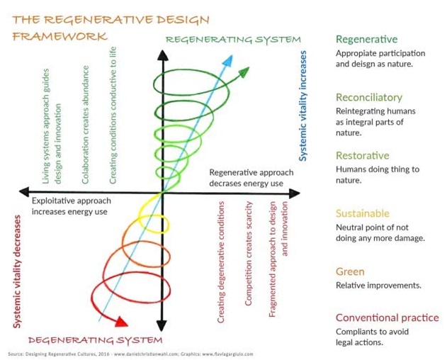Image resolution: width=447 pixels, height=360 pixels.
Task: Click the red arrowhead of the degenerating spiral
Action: point(121,322)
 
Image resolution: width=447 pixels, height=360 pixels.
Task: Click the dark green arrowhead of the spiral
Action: point(244,72)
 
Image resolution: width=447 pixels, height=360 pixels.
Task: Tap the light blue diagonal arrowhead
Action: point(228,61)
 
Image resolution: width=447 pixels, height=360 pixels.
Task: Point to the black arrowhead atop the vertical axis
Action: point(163,55)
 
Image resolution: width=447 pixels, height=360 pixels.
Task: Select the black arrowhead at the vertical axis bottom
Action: point(162,325)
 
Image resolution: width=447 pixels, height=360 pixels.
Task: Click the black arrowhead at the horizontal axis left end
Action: point(24,192)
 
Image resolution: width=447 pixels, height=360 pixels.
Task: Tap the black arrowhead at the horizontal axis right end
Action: point(294,193)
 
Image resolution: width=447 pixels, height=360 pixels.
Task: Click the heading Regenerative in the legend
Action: point(367,39)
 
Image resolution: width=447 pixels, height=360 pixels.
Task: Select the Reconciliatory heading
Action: point(369,97)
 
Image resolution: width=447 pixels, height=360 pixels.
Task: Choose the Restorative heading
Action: point(363,155)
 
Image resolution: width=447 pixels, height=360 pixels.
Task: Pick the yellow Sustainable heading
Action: point(363,213)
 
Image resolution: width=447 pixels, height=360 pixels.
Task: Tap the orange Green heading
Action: point(350,271)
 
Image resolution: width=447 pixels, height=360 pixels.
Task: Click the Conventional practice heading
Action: point(387,317)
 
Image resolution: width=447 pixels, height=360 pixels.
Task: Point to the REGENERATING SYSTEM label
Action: point(233,40)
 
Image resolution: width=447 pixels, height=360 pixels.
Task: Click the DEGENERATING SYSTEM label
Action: point(95,340)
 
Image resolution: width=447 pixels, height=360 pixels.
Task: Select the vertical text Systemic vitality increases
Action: point(302,106)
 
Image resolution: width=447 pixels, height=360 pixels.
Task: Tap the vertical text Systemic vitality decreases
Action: point(17,271)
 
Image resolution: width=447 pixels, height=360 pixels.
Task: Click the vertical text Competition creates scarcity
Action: point(249,253)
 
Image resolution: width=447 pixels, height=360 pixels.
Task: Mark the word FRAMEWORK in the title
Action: point(60,37)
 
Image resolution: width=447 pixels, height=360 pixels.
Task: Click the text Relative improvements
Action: point(378,286)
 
